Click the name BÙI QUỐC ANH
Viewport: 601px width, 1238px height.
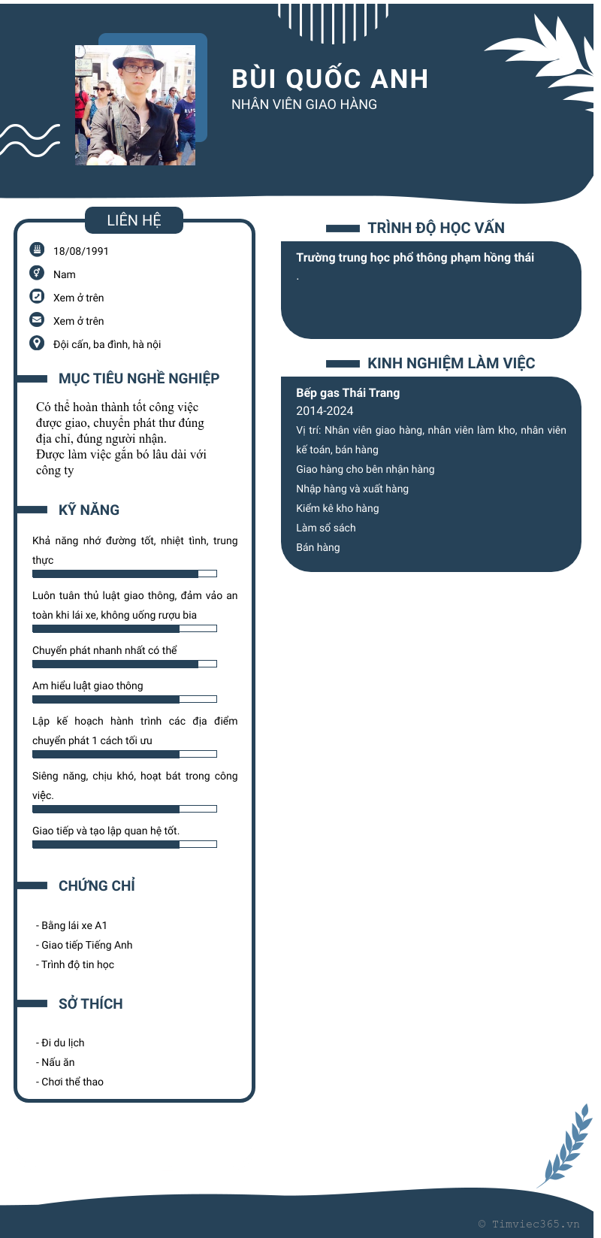(x=330, y=79)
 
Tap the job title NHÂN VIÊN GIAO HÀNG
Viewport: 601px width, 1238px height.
(x=304, y=104)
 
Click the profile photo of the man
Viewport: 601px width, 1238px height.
(x=135, y=104)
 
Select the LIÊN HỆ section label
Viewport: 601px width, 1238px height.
(x=134, y=220)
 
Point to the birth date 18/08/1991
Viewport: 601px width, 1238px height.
(x=81, y=251)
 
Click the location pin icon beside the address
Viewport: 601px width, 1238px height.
(x=37, y=343)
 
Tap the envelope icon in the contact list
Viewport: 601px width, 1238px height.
(x=37, y=319)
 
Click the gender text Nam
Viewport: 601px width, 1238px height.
(x=65, y=274)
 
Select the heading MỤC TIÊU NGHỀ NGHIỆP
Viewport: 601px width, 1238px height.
(x=139, y=378)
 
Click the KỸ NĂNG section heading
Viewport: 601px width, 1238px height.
(x=89, y=510)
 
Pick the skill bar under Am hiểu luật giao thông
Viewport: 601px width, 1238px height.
(x=125, y=699)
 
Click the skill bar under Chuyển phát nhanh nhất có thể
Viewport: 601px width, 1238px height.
(x=125, y=664)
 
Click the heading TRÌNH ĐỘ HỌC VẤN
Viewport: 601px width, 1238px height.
(x=436, y=228)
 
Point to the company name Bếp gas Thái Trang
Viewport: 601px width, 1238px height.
(x=348, y=392)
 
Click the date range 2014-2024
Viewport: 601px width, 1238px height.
(x=325, y=410)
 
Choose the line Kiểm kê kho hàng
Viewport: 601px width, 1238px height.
(x=337, y=508)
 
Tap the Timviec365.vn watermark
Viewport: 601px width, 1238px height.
(x=529, y=1224)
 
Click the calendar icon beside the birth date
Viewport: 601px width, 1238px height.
(x=37, y=250)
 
